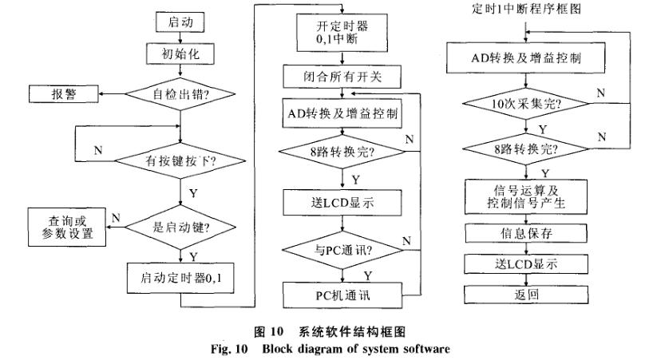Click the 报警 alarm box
64,95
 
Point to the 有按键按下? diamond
181,160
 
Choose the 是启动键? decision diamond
181,226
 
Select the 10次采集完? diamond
526,104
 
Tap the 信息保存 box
526,235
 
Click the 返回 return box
526,293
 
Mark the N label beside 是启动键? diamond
116,217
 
